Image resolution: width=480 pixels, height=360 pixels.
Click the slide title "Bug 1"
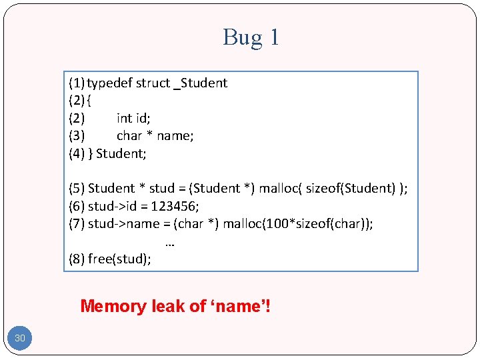[251, 37]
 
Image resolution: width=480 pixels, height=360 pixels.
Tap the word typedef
[109, 83]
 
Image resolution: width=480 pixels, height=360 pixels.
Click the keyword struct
[152, 83]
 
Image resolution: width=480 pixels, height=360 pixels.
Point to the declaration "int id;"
[133, 119]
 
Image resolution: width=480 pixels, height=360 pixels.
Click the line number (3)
[77, 136]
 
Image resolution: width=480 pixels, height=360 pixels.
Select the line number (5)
[77, 189]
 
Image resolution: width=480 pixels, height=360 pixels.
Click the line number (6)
[77, 206]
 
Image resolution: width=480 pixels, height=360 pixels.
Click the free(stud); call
[119, 259]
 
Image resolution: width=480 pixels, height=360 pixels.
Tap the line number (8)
[77, 259]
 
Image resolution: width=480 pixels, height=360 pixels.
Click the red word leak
[169, 307]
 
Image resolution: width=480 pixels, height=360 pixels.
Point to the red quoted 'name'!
[241, 307]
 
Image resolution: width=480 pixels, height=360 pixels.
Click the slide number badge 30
[20, 339]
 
